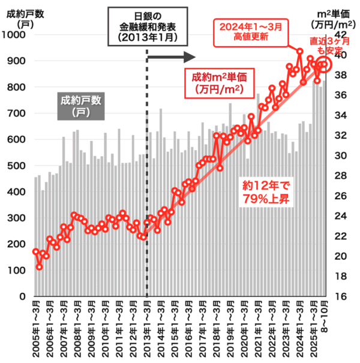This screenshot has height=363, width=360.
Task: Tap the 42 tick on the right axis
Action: (x=340, y=35)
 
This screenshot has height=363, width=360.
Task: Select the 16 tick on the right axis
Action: (x=340, y=296)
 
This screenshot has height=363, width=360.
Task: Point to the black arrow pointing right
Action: (x=172, y=58)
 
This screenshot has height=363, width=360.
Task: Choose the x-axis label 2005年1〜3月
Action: (x=36, y=330)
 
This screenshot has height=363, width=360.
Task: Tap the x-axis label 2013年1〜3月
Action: (x=147, y=330)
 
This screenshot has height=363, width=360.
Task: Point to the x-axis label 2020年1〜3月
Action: (x=244, y=330)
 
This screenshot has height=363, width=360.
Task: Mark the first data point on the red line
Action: (x=35, y=251)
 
